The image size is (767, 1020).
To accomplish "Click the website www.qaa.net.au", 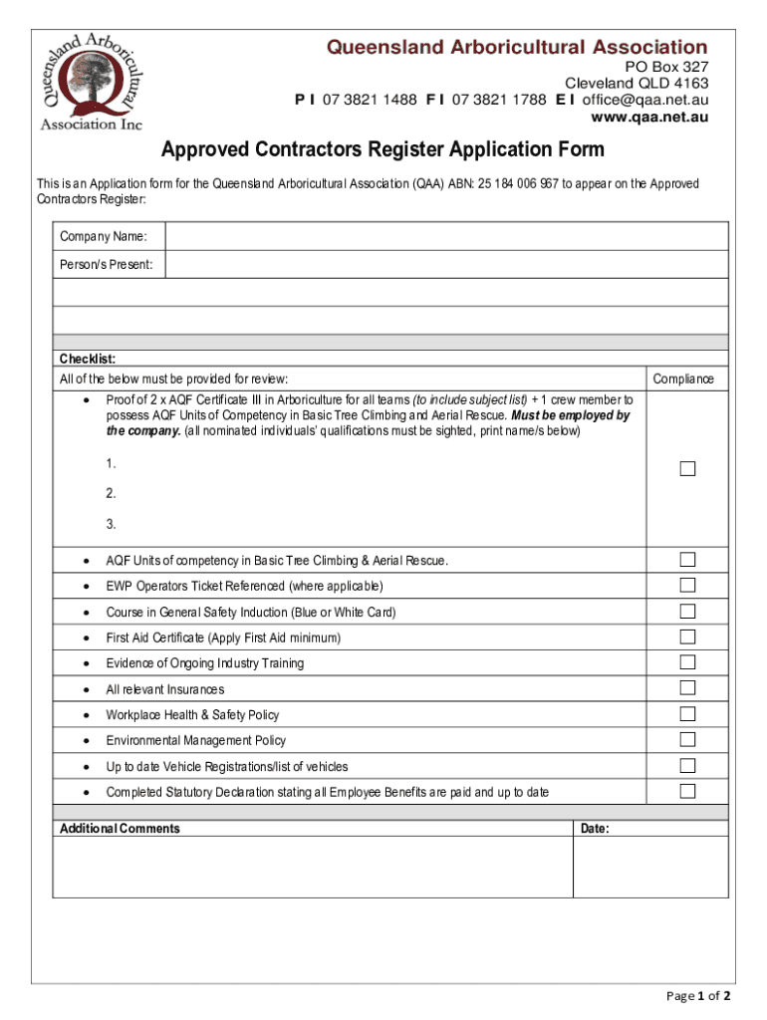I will point(649,118).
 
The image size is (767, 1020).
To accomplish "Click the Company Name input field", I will point(446,236).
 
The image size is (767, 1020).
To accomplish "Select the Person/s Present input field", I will point(446,264).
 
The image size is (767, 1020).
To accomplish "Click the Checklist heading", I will point(88,359).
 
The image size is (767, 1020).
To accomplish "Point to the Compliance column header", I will point(683,379).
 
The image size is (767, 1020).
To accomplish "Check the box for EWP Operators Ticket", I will point(687,585).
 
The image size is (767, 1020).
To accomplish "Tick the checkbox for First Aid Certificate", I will point(687,637).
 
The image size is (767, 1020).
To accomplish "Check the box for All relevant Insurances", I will point(687,688).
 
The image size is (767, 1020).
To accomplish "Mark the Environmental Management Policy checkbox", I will point(687,739).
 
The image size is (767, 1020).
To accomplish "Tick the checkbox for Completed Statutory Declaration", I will point(687,791).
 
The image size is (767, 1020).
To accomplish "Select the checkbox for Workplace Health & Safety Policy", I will point(687,713).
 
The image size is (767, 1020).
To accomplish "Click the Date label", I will point(594,829).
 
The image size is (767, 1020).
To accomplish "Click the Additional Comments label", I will point(120,829).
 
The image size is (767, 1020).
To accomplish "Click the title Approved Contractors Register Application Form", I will point(383,150).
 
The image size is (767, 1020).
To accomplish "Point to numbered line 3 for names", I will point(112,524).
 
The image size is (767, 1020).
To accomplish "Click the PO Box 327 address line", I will point(666,66).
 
